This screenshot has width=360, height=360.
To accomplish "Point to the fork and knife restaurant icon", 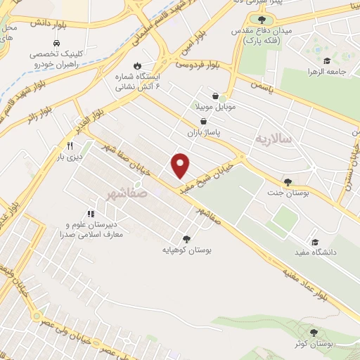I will pyautogui.click(x=70, y=146).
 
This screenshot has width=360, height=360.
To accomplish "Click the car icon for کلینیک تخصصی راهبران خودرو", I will pyautogui.click(x=34, y=53).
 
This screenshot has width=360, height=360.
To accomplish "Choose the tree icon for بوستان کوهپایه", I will pyautogui.click(x=186, y=238).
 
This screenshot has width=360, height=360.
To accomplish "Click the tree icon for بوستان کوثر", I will pyautogui.click(x=314, y=333).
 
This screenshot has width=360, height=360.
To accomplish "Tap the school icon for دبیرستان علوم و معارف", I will pyautogui.click(x=91, y=213).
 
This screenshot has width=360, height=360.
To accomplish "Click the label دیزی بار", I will pyautogui.click(x=70, y=157).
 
